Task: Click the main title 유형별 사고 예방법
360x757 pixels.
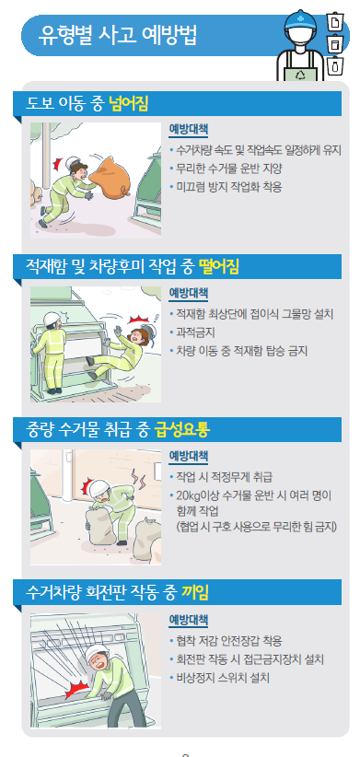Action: point(117,36)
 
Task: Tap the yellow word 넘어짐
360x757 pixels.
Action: point(128,104)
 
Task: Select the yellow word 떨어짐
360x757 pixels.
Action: point(218,266)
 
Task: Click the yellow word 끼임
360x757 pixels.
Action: point(195,592)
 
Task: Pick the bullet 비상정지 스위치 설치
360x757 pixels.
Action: point(223,678)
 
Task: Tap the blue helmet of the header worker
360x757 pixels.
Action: point(301,22)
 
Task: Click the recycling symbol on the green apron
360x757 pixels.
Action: point(301,74)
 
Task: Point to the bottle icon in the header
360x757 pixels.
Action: point(334,65)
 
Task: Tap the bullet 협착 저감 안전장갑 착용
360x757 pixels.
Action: point(228,641)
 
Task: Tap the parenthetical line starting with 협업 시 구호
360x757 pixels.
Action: point(256,526)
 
